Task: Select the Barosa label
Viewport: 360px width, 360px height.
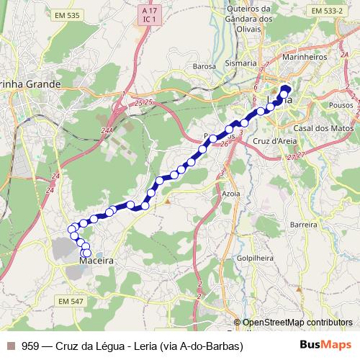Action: (x=204, y=66)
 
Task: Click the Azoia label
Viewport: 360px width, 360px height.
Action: (x=231, y=194)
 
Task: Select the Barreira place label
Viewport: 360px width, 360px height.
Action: (x=303, y=225)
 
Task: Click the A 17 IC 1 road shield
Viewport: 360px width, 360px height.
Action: (x=149, y=15)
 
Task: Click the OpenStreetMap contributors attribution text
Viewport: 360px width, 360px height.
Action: (x=297, y=323)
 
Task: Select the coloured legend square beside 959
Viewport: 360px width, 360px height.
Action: (x=10, y=346)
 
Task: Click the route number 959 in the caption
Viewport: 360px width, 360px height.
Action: (x=31, y=346)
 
